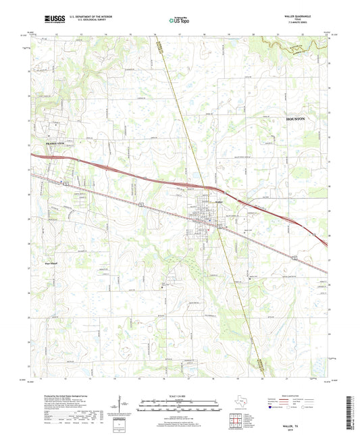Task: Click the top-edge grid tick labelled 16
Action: point(155,34)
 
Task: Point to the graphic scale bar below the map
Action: point(180,407)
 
